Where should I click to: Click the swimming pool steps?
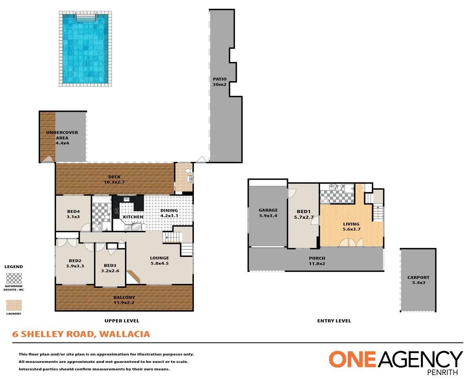[x=86, y=18]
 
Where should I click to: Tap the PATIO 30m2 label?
[x=220, y=82]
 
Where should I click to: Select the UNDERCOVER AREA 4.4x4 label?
[x=62, y=138]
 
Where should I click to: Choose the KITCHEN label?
[x=133, y=217]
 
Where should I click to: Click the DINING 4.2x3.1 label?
[x=169, y=213]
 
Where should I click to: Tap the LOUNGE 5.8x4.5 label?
[x=160, y=260]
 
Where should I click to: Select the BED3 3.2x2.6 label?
[x=110, y=268]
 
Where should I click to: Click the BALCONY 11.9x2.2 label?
[x=124, y=300]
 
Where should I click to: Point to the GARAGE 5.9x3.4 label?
[x=268, y=213]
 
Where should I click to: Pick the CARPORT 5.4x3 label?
[x=418, y=280]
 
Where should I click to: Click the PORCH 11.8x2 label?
[x=317, y=261]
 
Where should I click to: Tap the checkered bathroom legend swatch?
[x=14, y=278]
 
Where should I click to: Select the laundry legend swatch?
[x=14, y=305]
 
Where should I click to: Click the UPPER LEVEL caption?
[x=122, y=321]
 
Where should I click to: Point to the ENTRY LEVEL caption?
[x=334, y=321]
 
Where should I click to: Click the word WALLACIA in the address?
[x=125, y=334]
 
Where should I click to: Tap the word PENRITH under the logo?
[x=443, y=373]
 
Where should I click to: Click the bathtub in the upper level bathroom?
[x=102, y=199]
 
